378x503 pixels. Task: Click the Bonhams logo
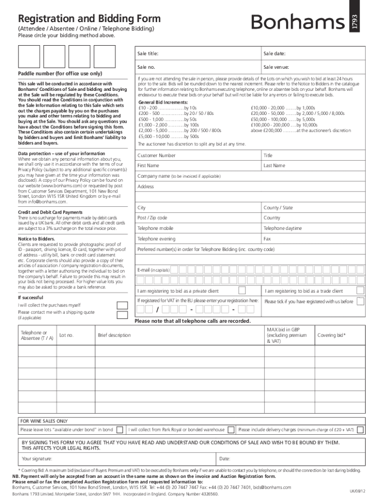(x=298, y=22)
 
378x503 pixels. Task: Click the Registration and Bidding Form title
(x=89, y=19)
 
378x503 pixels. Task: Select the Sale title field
(x=196, y=54)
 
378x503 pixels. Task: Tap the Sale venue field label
(x=276, y=67)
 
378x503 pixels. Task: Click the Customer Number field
(x=196, y=155)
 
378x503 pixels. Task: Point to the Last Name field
(x=312, y=166)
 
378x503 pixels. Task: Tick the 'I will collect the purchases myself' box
(x=122, y=305)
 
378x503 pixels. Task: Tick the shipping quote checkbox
(x=122, y=315)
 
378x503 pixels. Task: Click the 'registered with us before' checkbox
(x=360, y=301)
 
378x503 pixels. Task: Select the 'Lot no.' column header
(x=66, y=335)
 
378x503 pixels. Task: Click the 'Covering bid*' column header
(x=331, y=335)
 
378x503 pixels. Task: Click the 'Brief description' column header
(x=114, y=335)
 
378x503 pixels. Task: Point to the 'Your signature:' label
(x=37, y=459)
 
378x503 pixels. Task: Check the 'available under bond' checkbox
(x=121, y=429)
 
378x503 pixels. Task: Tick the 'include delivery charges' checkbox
(x=360, y=429)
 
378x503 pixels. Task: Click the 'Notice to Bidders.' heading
(x=37, y=239)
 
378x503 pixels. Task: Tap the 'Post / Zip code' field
(x=196, y=218)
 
